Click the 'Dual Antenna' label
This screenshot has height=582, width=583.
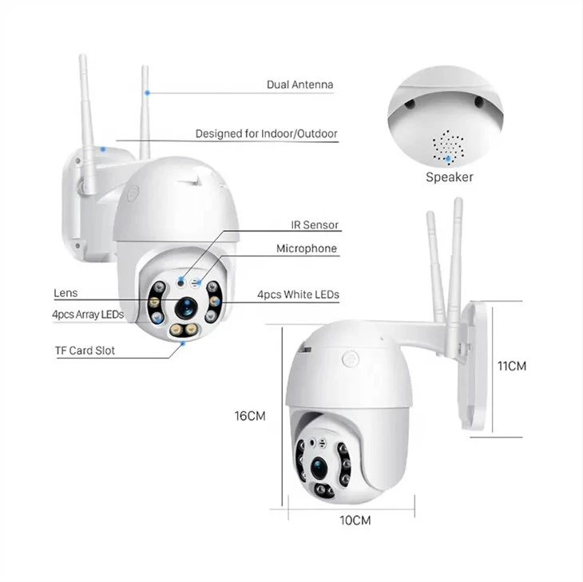tap(299, 85)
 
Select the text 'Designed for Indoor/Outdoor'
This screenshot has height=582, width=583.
tap(266, 134)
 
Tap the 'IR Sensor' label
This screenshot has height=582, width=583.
tap(315, 225)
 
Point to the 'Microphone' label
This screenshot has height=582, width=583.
tap(307, 248)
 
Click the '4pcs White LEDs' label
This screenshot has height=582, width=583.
tap(298, 295)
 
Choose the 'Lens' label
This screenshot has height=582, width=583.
tap(65, 293)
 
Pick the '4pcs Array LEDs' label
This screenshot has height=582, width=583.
tap(88, 315)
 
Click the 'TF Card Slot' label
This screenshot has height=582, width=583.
tap(85, 350)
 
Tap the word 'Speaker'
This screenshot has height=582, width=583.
tap(450, 177)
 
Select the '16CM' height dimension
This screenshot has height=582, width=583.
tap(250, 416)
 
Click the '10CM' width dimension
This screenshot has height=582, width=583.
tap(355, 521)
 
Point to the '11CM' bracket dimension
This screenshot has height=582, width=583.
tap(512, 366)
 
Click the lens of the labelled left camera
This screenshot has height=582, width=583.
tap(185, 307)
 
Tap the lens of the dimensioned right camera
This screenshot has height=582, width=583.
tap(319, 469)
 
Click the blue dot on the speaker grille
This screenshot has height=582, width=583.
tap(449, 159)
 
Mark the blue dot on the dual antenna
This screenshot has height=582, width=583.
tap(148, 93)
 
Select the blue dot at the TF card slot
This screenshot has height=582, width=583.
tap(183, 344)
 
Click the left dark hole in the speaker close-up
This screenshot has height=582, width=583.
tap(410, 105)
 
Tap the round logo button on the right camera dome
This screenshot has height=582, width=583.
tap(351, 359)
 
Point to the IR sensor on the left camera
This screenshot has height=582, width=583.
tap(181, 283)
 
